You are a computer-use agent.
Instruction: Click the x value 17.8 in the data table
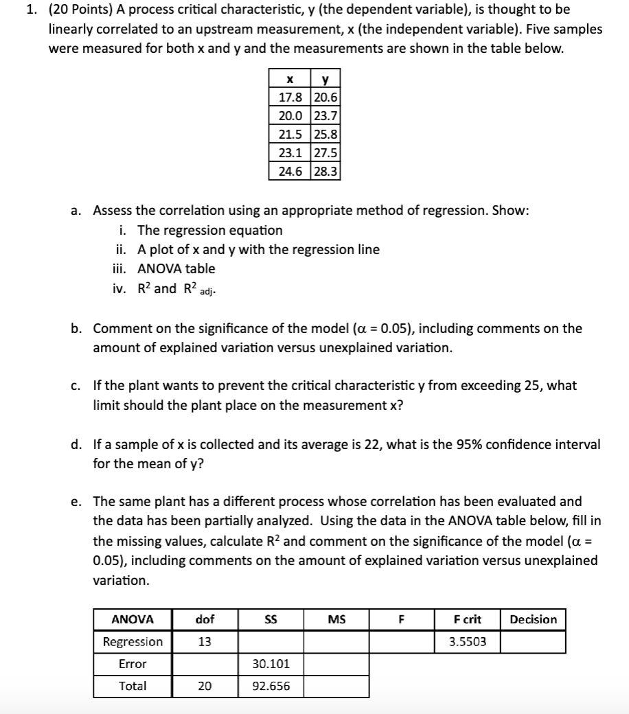[290, 97]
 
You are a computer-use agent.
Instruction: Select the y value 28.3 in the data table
[325, 171]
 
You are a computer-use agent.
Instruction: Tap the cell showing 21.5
[290, 134]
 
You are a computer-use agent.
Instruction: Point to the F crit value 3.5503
[468, 642]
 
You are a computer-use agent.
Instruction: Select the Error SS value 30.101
[271, 664]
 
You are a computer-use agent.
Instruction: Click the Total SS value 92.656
[271, 686]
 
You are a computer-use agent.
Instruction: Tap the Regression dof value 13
[205, 642]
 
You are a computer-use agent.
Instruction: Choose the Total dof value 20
[205, 686]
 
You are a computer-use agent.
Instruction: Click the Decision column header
[534, 619]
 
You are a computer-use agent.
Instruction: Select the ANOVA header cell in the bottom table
[133, 619]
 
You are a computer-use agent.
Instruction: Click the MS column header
[336, 619]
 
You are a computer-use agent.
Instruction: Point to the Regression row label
[133, 642]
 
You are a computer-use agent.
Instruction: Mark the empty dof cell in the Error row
[205, 664]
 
